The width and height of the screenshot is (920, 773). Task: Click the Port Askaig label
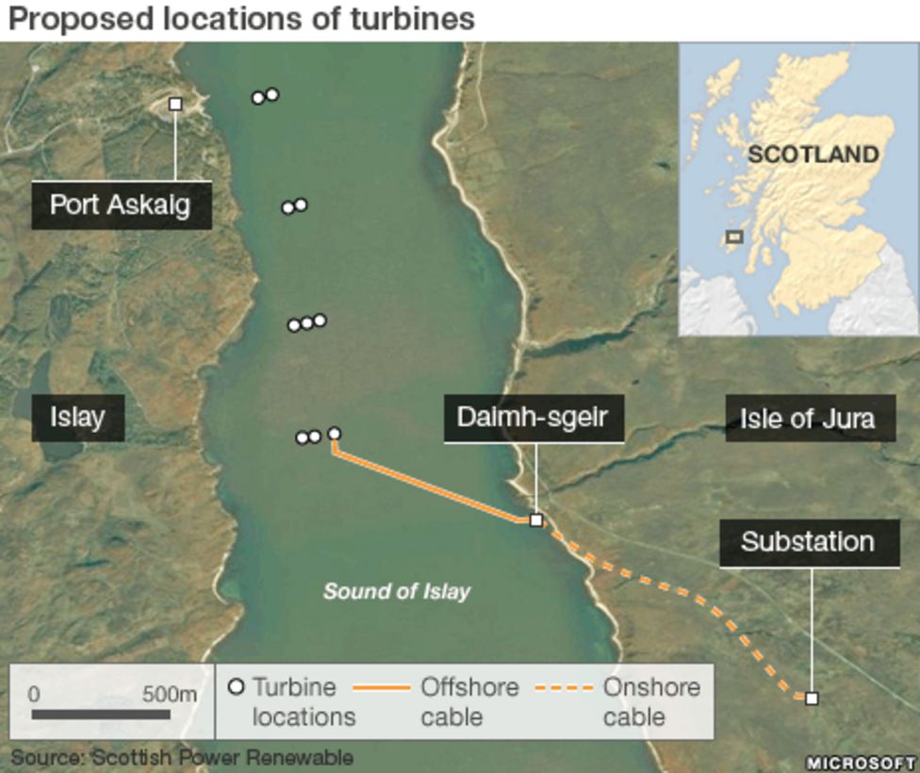[x=120, y=205]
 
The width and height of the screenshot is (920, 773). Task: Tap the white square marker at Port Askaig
[x=175, y=105]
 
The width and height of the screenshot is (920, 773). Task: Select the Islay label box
[x=77, y=418]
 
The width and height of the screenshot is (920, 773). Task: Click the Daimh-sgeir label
[x=533, y=418]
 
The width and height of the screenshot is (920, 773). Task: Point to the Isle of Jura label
[x=807, y=418]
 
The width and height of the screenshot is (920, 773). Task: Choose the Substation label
[x=808, y=542]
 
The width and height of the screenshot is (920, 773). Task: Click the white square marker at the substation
[x=812, y=699]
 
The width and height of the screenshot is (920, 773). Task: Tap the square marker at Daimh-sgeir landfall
[x=536, y=519]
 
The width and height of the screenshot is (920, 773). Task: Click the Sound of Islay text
[x=397, y=591]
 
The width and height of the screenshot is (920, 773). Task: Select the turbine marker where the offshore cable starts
[x=334, y=434]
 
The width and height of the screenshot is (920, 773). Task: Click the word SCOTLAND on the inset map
[x=813, y=155]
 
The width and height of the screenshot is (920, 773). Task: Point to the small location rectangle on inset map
[x=734, y=237]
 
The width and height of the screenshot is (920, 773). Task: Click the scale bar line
[x=100, y=715]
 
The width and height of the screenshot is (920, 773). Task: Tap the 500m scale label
[x=170, y=695]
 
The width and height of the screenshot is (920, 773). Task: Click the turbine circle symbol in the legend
[x=237, y=687]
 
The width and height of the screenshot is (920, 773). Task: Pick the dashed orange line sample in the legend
[x=564, y=688]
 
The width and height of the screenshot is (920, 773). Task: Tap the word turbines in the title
[x=407, y=18]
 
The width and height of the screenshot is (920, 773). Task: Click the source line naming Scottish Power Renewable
[x=182, y=757]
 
